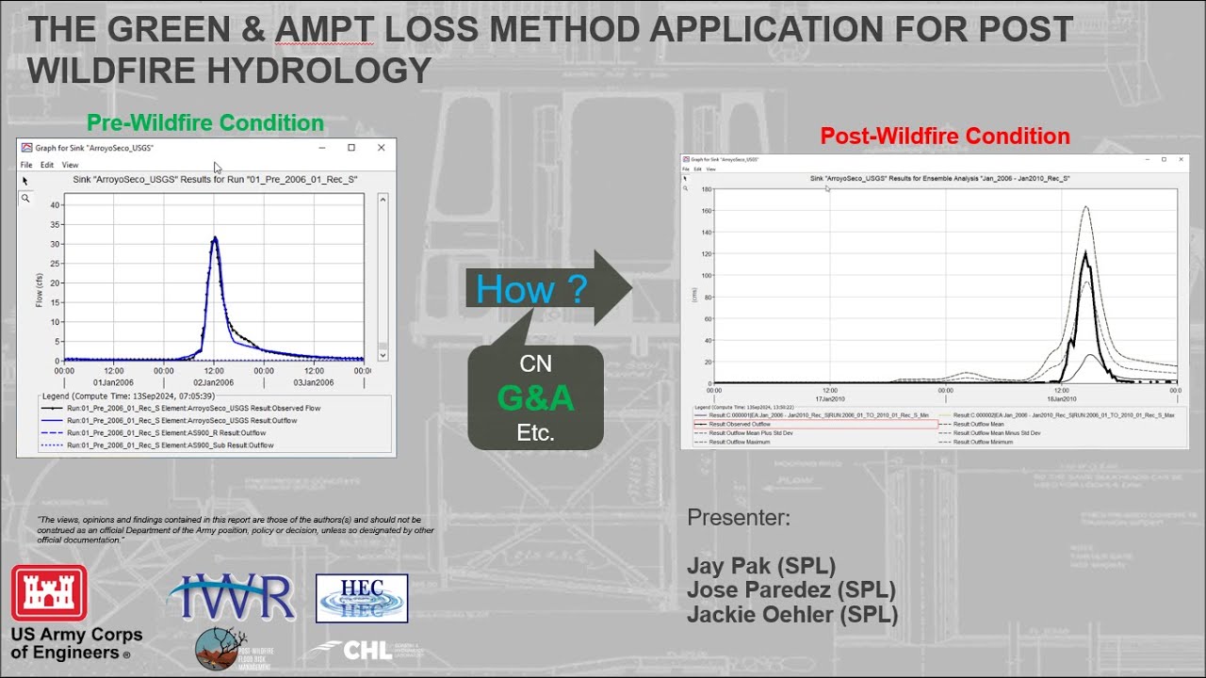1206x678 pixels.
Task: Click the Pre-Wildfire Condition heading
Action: point(205,123)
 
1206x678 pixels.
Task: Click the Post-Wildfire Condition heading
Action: point(944,137)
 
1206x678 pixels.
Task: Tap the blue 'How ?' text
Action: point(531,289)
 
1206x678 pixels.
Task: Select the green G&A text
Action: point(535,398)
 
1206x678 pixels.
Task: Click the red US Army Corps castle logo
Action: point(49,593)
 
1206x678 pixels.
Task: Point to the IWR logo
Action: point(232,597)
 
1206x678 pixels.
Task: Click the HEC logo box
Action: point(362,598)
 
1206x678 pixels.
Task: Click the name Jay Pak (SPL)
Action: point(760,566)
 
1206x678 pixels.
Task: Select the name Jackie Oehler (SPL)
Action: point(791,615)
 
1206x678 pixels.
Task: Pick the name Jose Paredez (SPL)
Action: point(790,590)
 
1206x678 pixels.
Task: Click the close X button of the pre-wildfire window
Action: point(381,148)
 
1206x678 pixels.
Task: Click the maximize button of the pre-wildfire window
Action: point(351,148)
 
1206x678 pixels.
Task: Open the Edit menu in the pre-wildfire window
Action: point(46,165)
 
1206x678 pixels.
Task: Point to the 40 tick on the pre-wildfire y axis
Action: point(56,205)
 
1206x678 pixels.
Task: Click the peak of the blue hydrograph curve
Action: point(215,237)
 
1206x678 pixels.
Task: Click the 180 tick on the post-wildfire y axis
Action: point(706,189)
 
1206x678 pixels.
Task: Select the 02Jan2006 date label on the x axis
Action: point(214,382)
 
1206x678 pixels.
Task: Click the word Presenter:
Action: point(738,518)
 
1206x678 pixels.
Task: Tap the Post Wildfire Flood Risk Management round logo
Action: point(221,649)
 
